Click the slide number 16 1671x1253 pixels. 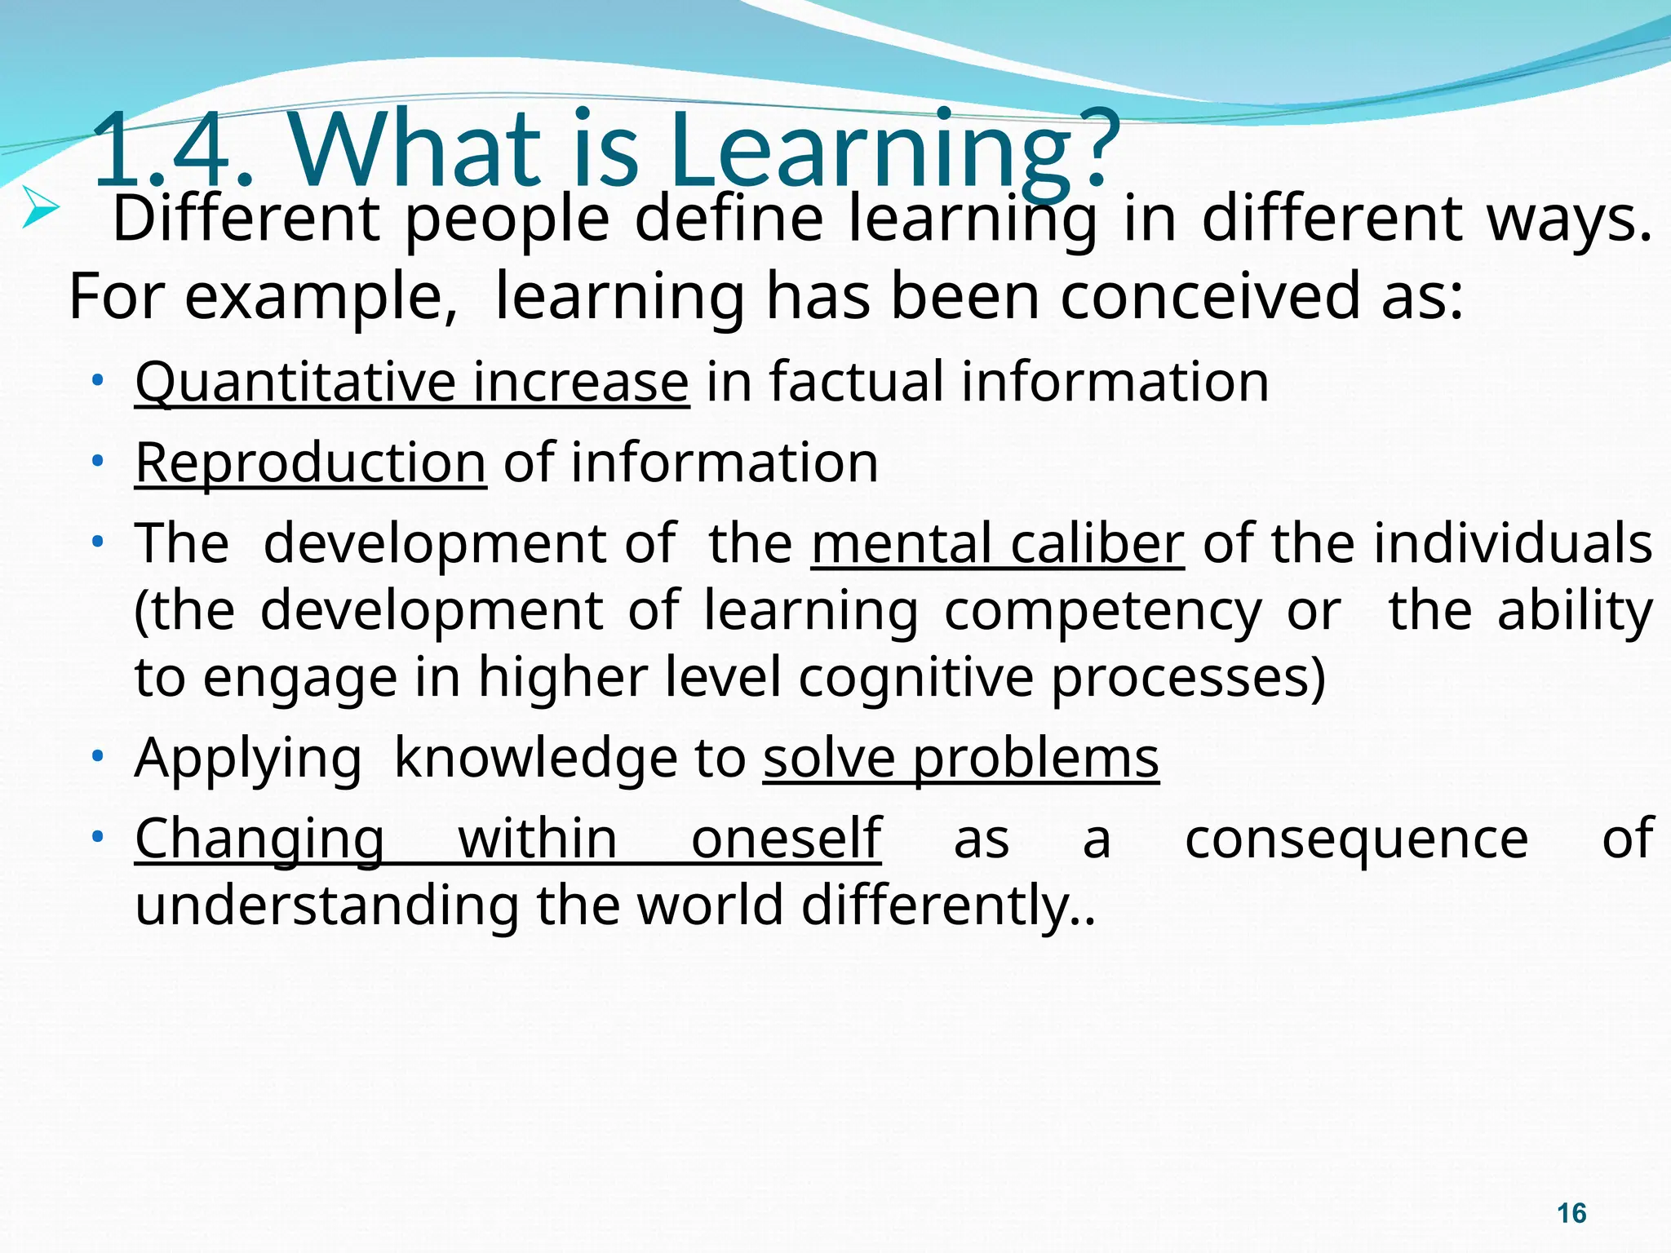(x=1571, y=1213)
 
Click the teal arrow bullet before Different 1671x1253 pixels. (x=40, y=206)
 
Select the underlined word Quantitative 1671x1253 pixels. (x=293, y=383)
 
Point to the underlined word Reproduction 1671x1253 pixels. (x=310, y=463)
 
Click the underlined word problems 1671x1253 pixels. (x=1035, y=759)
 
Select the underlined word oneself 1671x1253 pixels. (x=786, y=839)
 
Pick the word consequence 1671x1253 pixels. (x=1356, y=839)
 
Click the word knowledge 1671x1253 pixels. (x=535, y=759)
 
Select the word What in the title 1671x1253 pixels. (x=416, y=151)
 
